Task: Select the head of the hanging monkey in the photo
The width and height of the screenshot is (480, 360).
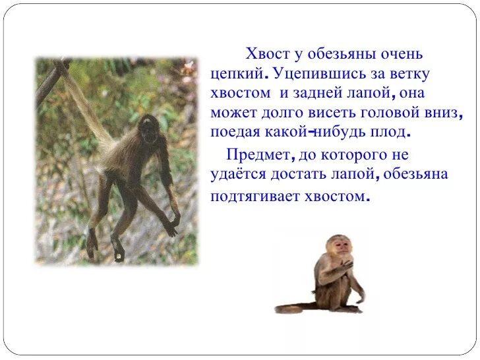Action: click(x=150, y=125)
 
